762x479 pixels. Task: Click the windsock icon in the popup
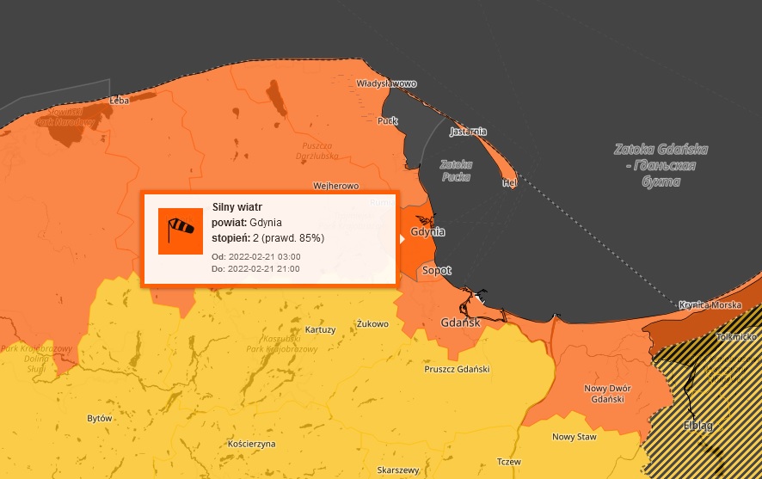click(x=181, y=230)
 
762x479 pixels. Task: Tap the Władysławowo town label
click(x=386, y=84)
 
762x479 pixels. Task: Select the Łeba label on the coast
click(x=119, y=101)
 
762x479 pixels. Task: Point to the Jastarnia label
click(x=468, y=132)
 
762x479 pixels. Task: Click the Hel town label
click(x=509, y=182)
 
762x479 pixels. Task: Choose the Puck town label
click(x=388, y=120)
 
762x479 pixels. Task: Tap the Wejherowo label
click(x=335, y=186)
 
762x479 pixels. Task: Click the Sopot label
click(x=436, y=270)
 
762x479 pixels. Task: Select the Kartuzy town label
click(x=320, y=329)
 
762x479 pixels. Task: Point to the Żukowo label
click(x=372, y=324)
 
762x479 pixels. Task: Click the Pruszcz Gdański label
click(x=457, y=369)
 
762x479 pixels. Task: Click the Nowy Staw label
click(x=574, y=437)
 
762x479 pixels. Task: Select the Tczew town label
click(x=509, y=461)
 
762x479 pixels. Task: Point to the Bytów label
click(x=100, y=418)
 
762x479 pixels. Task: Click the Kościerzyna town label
click(x=248, y=444)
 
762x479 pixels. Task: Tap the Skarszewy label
click(x=397, y=470)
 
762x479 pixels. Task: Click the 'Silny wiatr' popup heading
click(x=237, y=207)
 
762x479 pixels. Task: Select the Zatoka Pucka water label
click(x=456, y=169)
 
